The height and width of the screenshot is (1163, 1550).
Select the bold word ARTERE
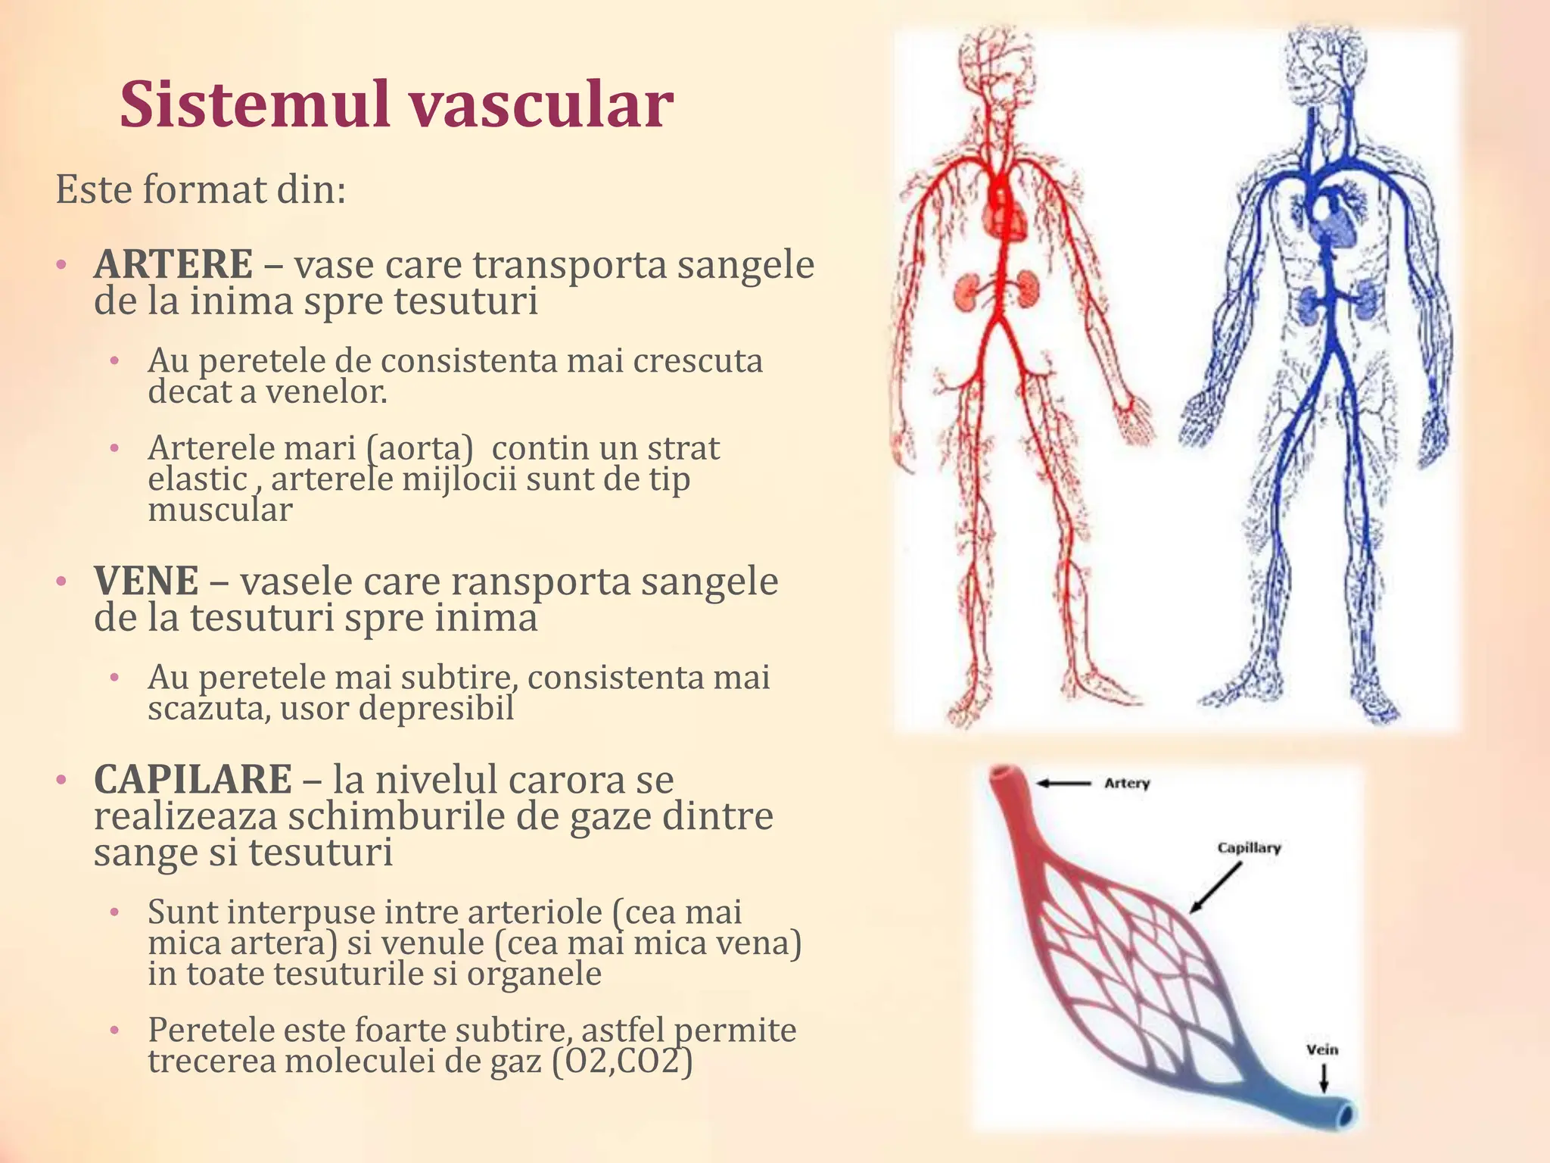pos(173,264)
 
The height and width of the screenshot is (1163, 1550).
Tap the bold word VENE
pos(146,581)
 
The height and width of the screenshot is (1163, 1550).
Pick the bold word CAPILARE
pos(193,779)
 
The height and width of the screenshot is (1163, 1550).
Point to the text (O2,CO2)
pos(622,1061)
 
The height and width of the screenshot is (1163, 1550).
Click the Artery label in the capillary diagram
pos(1127,783)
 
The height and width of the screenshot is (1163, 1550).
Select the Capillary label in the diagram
pos(1249,847)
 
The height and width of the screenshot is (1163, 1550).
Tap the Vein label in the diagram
pos(1322,1049)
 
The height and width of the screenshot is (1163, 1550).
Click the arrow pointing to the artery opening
pos(1063,784)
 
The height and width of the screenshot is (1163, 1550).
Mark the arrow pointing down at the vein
pos(1324,1078)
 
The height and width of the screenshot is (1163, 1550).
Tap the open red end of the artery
pos(1005,775)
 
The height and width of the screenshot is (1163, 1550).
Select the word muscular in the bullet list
pos(220,510)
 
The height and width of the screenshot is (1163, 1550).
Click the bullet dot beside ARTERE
pos(61,265)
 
